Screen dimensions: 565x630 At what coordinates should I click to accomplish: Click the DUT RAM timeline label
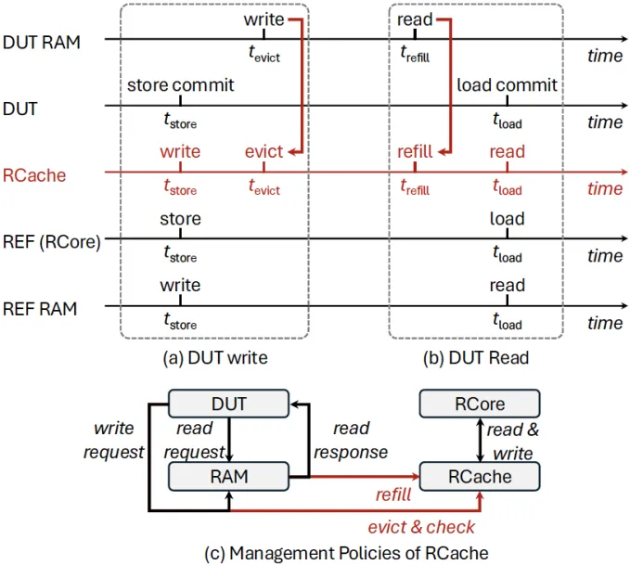pyautogui.click(x=42, y=41)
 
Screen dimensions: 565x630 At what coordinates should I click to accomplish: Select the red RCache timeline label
pyautogui.click(x=35, y=174)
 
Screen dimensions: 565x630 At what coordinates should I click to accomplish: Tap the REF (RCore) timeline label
pyautogui.click(x=52, y=242)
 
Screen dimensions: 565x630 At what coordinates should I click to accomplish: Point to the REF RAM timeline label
pyautogui.click(x=43, y=309)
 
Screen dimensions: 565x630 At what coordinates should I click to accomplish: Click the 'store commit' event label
pyautogui.click(x=180, y=85)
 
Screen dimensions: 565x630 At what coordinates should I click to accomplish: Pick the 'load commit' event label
pyautogui.click(x=507, y=85)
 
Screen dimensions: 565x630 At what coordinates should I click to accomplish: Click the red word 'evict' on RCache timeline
pyautogui.click(x=264, y=152)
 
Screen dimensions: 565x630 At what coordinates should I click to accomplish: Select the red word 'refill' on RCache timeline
pyautogui.click(x=415, y=152)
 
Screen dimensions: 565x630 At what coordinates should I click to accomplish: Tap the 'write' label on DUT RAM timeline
pyautogui.click(x=264, y=19)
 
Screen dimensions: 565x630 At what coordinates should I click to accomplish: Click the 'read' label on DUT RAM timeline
pyautogui.click(x=415, y=19)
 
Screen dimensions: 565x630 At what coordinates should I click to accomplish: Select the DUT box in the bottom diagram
pyautogui.click(x=229, y=404)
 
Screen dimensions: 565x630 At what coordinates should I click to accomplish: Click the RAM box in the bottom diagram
pyautogui.click(x=229, y=477)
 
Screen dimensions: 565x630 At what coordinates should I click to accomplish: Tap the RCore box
pyautogui.click(x=480, y=404)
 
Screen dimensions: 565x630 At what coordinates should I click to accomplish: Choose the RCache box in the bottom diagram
pyautogui.click(x=480, y=477)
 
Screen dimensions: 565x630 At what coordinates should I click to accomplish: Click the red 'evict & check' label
pyautogui.click(x=421, y=527)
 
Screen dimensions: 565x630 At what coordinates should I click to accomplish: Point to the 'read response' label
pyautogui.click(x=350, y=440)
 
